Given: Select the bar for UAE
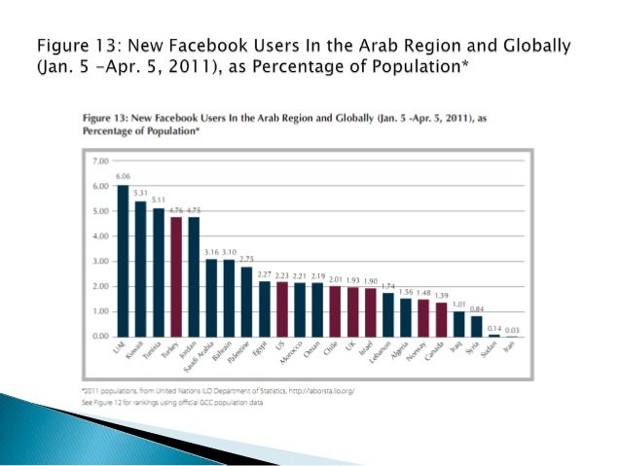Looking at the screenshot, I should pyautogui.click(x=123, y=261).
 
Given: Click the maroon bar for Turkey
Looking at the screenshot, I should pyautogui.click(x=175, y=277).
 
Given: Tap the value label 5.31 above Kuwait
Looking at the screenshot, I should pyautogui.click(x=140, y=193).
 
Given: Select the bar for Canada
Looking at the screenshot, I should pyautogui.click(x=441, y=320).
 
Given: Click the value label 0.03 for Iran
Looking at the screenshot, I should pyautogui.click(x=511, y=329).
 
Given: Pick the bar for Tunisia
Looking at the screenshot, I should pyautogui.click(x=158, y=273).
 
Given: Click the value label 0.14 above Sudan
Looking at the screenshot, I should pyautogui.click(x=493, y=326).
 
